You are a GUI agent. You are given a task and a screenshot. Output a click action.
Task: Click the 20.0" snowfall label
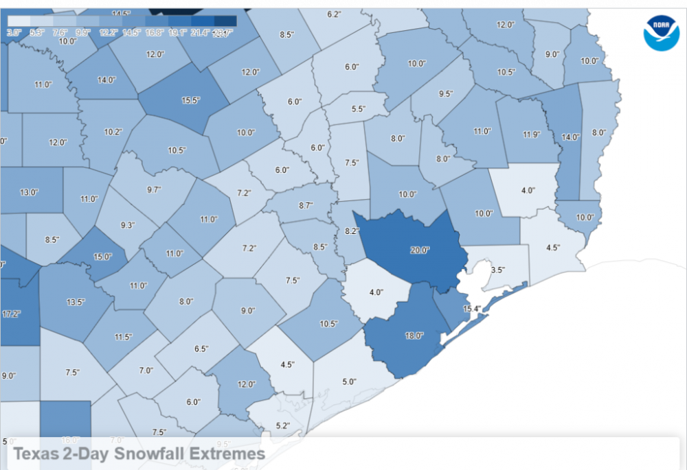point(420,250)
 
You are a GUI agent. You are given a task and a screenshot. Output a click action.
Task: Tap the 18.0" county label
point(414,336)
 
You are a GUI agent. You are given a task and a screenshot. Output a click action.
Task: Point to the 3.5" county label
point(498,270)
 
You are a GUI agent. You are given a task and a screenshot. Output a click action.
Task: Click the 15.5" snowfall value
point(190,100)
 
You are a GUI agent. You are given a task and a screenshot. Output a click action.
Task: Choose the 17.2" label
point(11,314)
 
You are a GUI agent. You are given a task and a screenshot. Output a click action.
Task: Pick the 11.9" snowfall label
point(532,134)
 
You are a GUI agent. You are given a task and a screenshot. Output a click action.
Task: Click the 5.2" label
point(282,425)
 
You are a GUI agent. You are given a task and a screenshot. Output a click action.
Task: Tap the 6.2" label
point(335,14)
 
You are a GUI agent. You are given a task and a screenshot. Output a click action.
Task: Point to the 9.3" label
point(128,225)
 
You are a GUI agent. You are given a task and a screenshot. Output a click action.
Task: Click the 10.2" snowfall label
point(113,132)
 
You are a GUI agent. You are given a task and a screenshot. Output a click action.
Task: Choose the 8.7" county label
point(306,205)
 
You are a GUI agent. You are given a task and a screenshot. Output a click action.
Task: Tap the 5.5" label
point(358,108)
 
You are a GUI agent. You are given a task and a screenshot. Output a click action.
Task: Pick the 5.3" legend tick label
point(38,32)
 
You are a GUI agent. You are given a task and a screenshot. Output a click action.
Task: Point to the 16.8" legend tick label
point(155,32)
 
